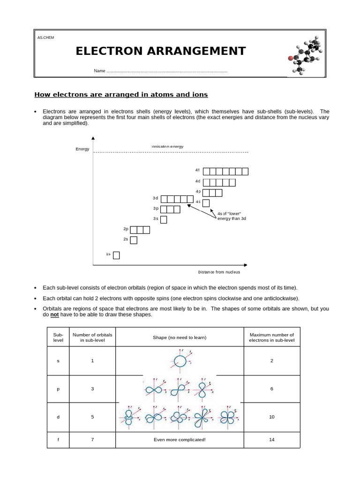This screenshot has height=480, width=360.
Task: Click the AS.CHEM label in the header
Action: (45, 37)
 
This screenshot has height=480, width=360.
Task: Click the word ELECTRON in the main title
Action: (110, 51)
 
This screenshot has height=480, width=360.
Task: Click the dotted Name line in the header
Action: (167, 71)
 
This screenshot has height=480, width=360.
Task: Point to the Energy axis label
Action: (82, 149)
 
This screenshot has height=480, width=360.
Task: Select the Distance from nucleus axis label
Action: (219, 272)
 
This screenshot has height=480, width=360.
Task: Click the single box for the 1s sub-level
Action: (116, 255)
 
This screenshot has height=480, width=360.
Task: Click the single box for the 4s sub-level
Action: (206, 203)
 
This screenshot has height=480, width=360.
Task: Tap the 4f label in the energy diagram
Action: (198, 170)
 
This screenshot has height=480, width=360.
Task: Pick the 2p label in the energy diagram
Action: (126, 229)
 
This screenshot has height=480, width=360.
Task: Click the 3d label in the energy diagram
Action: (156, 198)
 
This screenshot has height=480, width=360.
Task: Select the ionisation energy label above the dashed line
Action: (167, 147)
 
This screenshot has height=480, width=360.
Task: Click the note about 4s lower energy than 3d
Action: (232, 216)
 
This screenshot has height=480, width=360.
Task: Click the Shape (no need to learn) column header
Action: (179, 337)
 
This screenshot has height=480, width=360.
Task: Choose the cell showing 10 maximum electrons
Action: (272, 417)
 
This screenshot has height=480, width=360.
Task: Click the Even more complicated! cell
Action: (179, 440)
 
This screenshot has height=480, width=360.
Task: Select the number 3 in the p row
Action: (93, 389)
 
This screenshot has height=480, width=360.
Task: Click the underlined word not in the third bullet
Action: (55, 315)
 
